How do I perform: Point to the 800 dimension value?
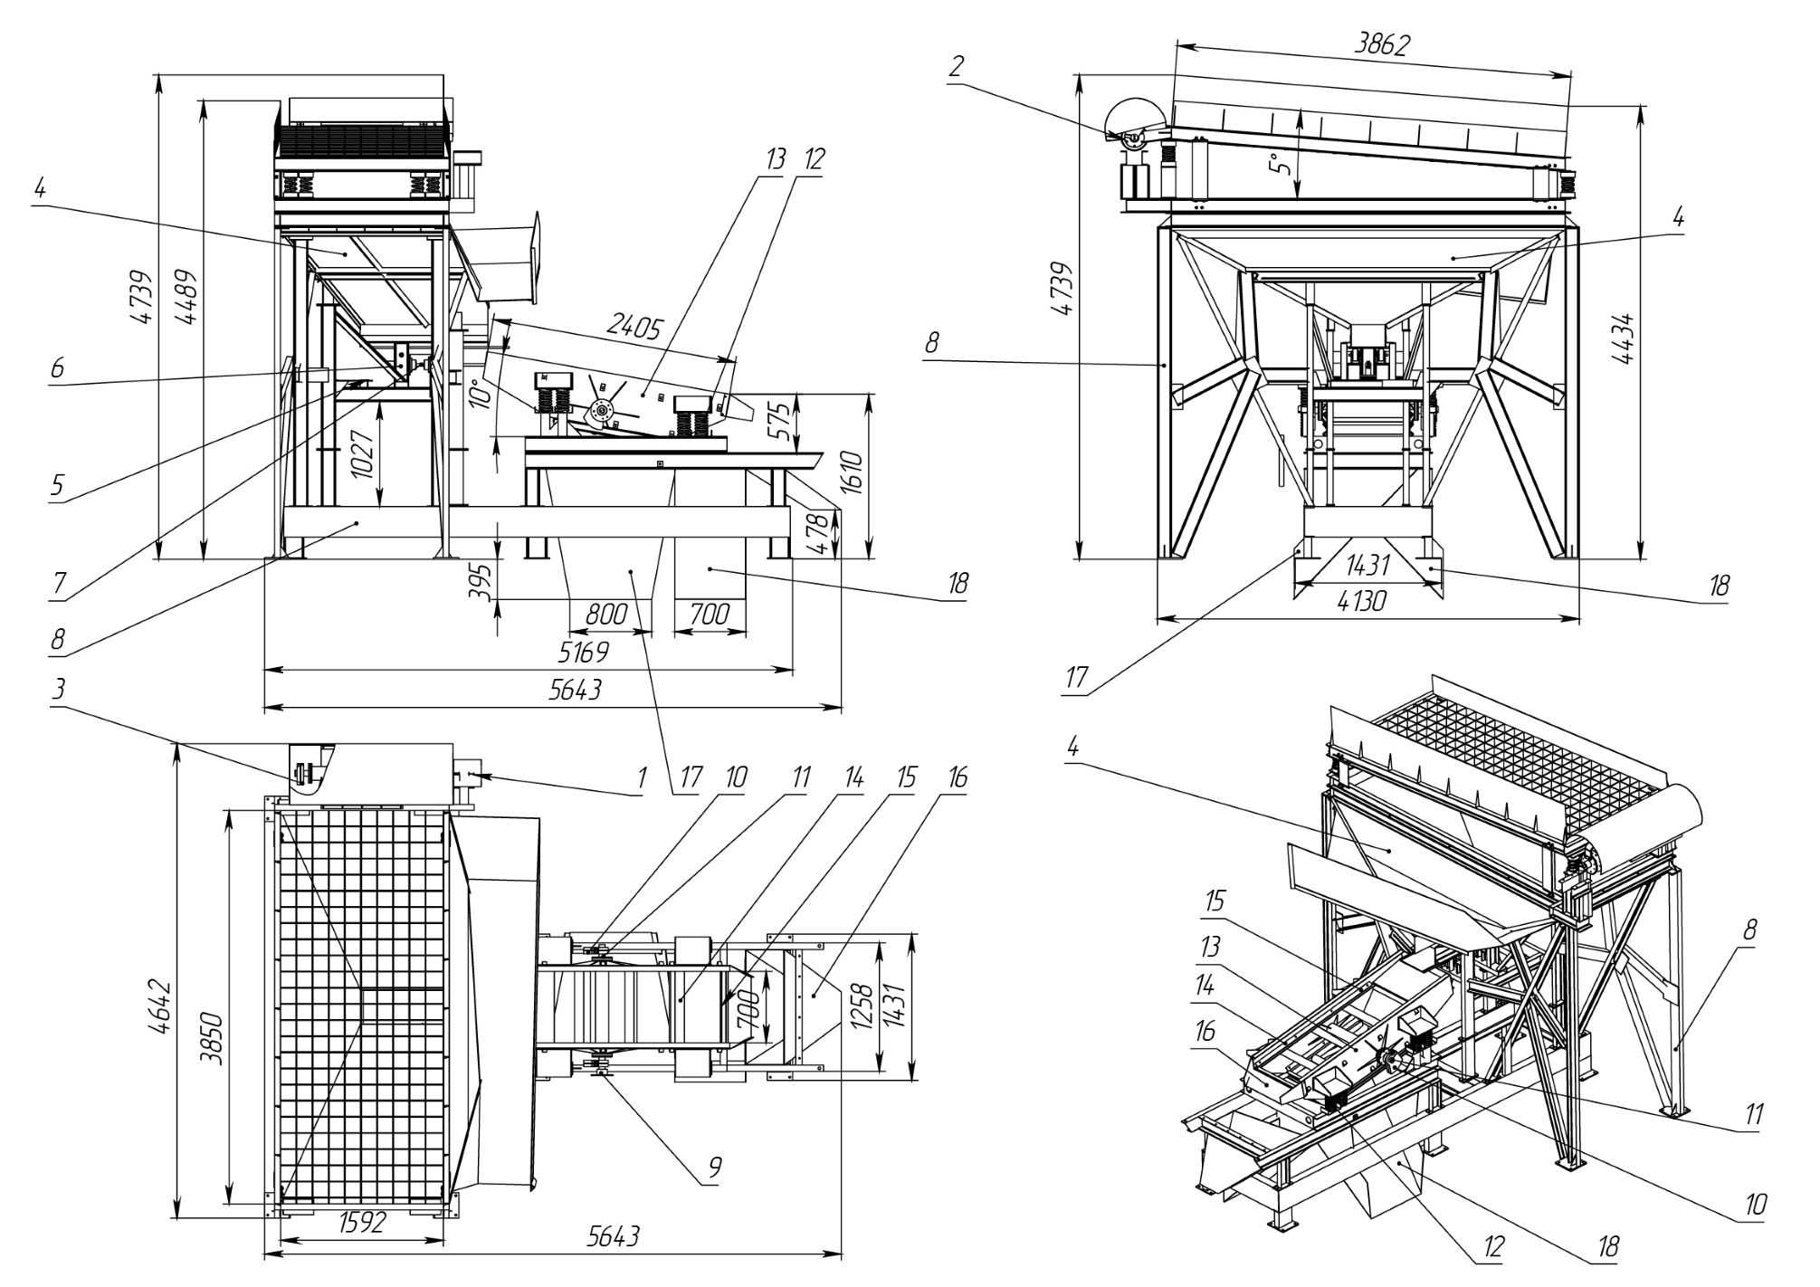[605, 615]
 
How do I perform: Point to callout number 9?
[714, 1168]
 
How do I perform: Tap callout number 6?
[58, 368]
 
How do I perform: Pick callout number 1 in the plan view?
[642, 777]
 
